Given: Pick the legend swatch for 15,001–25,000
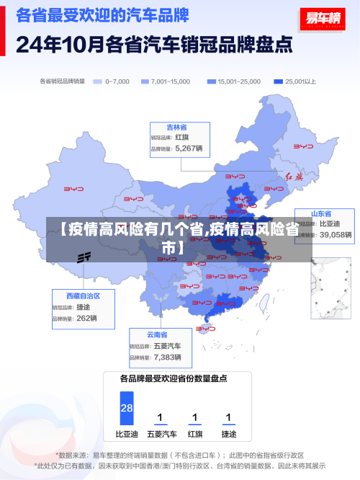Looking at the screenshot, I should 211,81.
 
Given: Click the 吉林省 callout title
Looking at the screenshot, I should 177,127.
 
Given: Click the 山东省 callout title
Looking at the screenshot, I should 321,214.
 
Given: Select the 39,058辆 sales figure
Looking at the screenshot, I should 336,234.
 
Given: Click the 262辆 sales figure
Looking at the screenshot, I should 86,318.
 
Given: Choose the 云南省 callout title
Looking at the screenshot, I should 157,334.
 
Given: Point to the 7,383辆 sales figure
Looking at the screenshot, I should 168,357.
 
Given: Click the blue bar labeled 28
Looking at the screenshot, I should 127,409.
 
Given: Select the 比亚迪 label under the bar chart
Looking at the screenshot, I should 127,435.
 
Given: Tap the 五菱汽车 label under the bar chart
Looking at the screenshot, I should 161,435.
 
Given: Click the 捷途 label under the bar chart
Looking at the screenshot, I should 228,435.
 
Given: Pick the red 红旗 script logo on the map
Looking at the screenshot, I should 295,176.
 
